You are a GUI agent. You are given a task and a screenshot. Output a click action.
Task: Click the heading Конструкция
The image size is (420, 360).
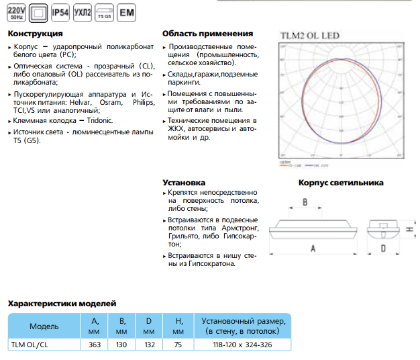coord(35,34)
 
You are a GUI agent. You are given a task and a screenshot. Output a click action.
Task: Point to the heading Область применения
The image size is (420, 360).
coord(207,34)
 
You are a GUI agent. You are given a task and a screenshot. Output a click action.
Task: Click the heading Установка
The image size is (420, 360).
coord(184,182)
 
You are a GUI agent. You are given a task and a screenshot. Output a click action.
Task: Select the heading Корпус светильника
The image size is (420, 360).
coord(340,182)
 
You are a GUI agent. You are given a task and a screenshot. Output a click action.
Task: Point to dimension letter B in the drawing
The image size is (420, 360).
coord(305,201)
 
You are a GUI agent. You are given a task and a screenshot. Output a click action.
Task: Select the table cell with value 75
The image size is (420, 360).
coord(177,345)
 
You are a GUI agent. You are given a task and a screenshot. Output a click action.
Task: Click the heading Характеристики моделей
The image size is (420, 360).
coord(62,304)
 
